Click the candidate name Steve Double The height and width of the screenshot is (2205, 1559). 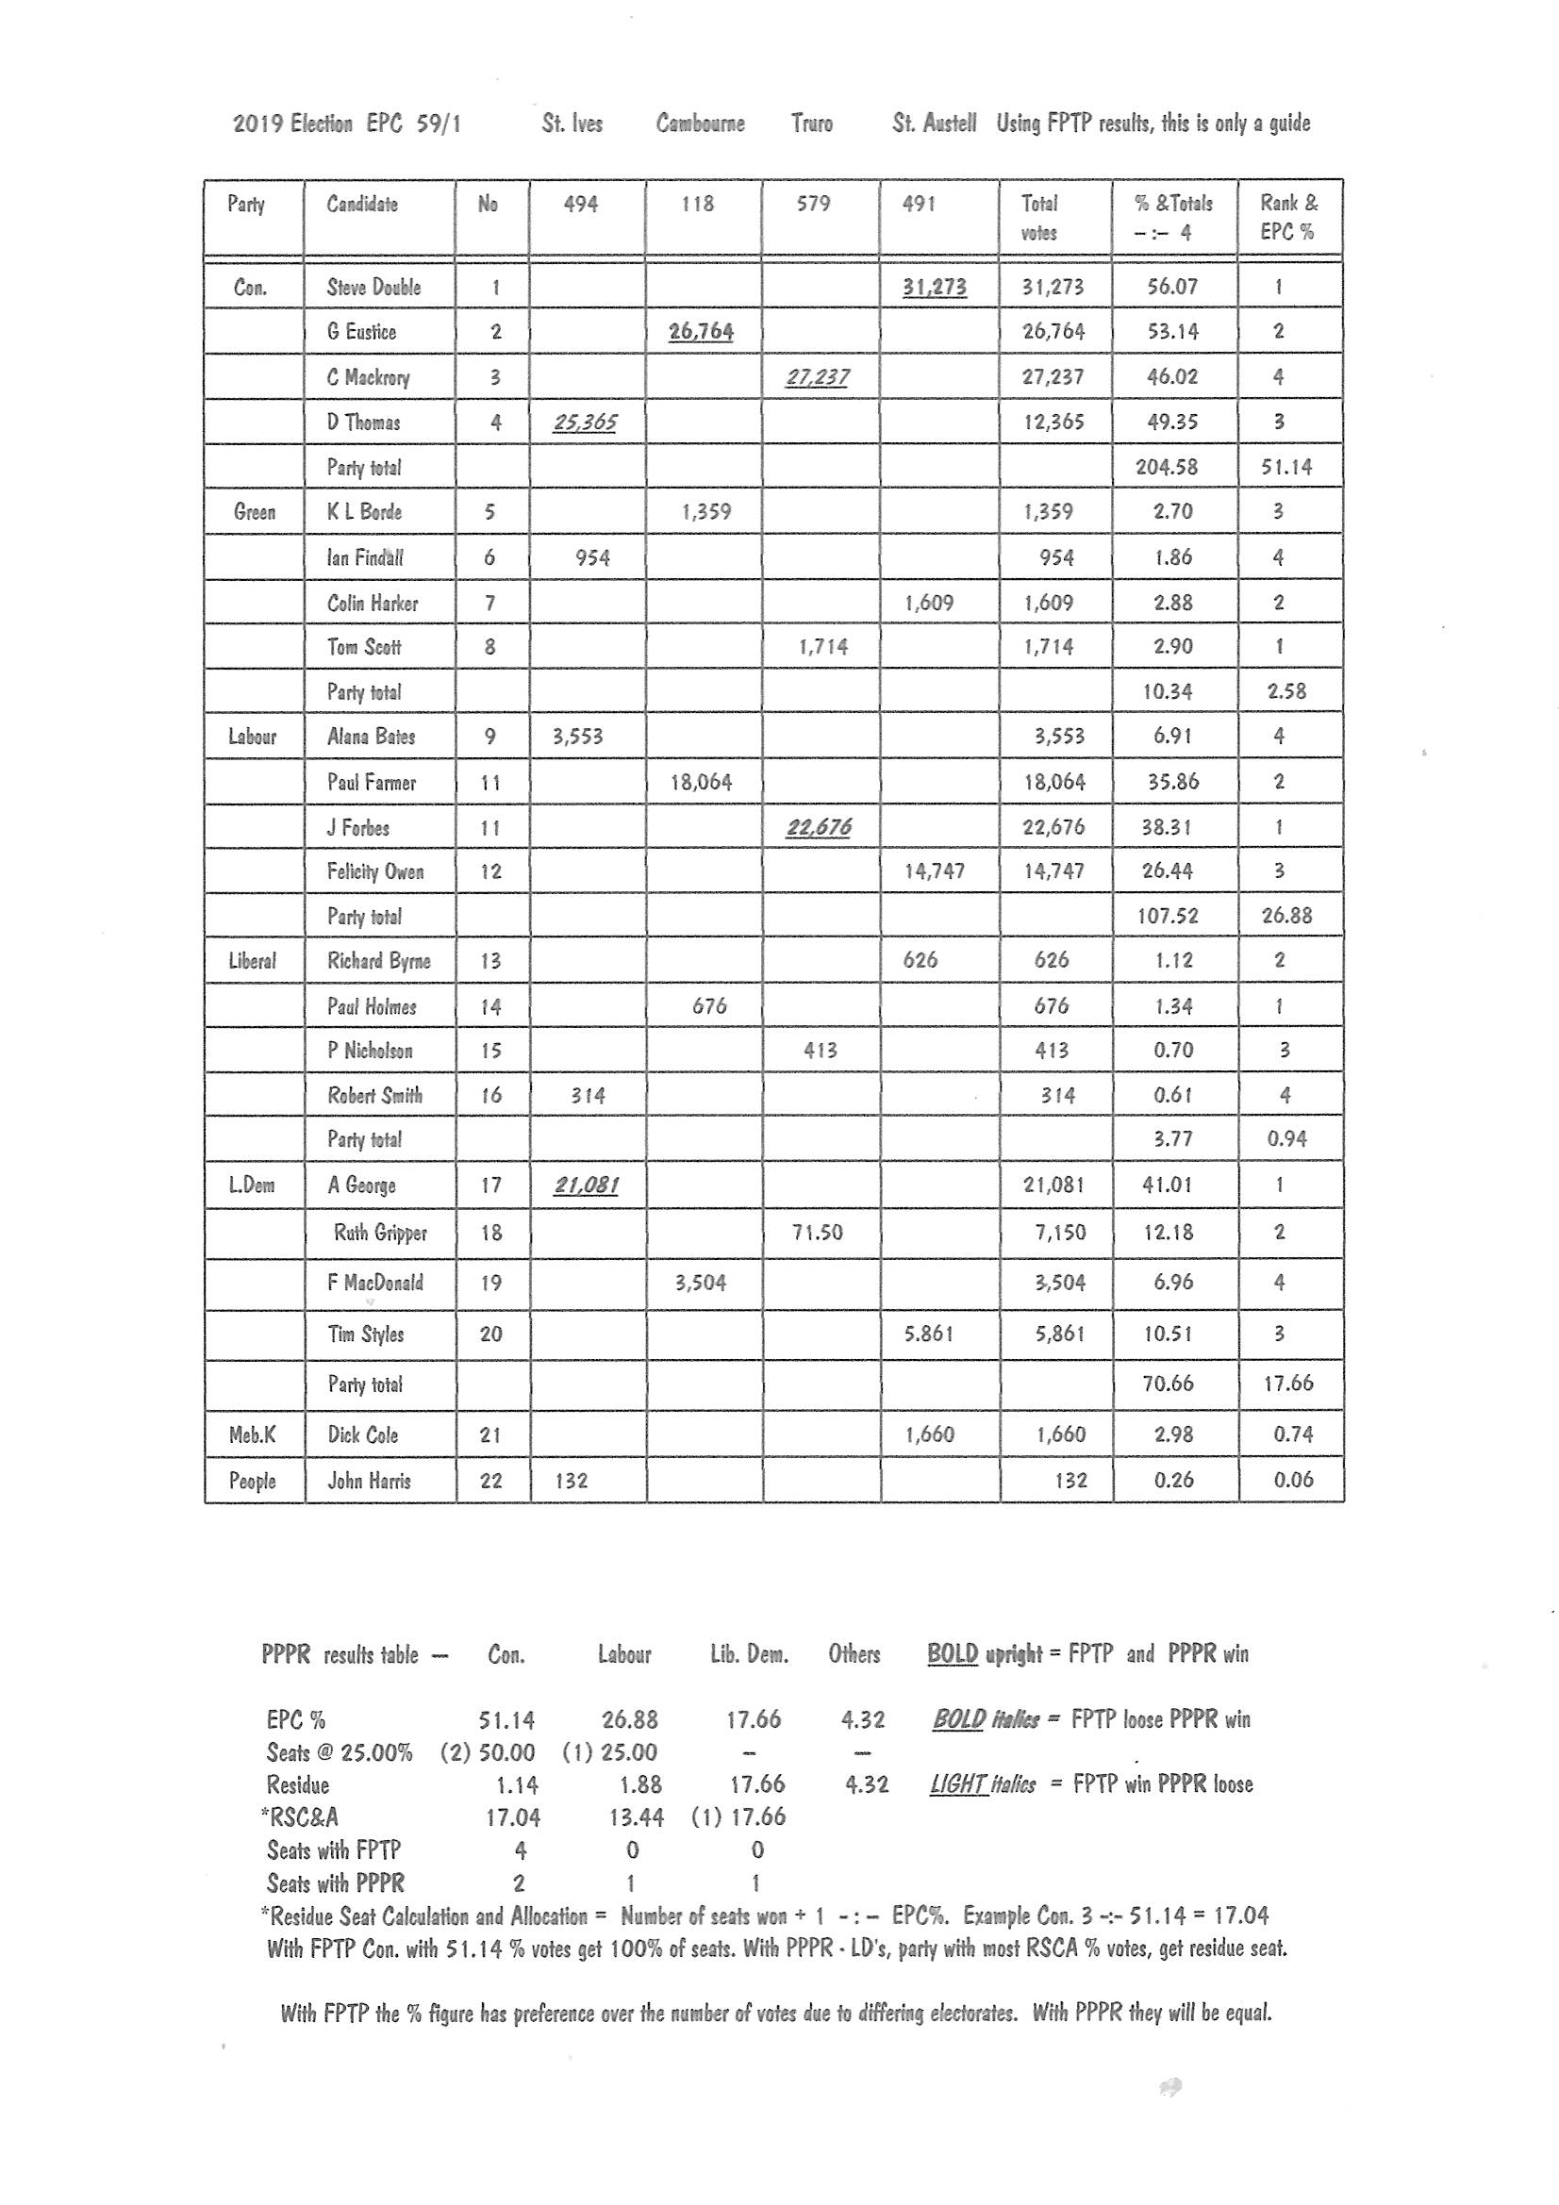(x=373, y=287)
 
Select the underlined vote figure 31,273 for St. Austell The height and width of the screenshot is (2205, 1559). (x=934, y=286)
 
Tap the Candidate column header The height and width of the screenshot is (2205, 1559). (x=361, y=204)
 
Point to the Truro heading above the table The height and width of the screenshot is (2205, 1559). (x=812, y=123)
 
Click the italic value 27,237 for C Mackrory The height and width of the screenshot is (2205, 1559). (x=817, y=376)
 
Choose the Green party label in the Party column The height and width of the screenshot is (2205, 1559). (x=254, y=512)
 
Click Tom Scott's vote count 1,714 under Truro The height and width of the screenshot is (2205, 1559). (x=822, y=646)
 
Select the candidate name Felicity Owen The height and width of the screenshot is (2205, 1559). (x=374, y=871)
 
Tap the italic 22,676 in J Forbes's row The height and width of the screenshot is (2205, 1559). (x=818, y=827)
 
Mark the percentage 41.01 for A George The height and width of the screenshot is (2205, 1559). (x=1166, y=1185)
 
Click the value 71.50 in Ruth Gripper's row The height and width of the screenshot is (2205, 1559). (x=817, y=1232)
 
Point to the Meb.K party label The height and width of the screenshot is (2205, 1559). (x=252, y=1434)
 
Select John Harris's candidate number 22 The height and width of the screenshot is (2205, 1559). (x=490, y=1480)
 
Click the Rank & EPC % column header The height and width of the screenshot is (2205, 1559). (x=1288, y=217)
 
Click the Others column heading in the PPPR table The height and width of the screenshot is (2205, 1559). (x=854, y=1654)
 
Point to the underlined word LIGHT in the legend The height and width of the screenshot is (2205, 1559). (x=956, y=1784)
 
